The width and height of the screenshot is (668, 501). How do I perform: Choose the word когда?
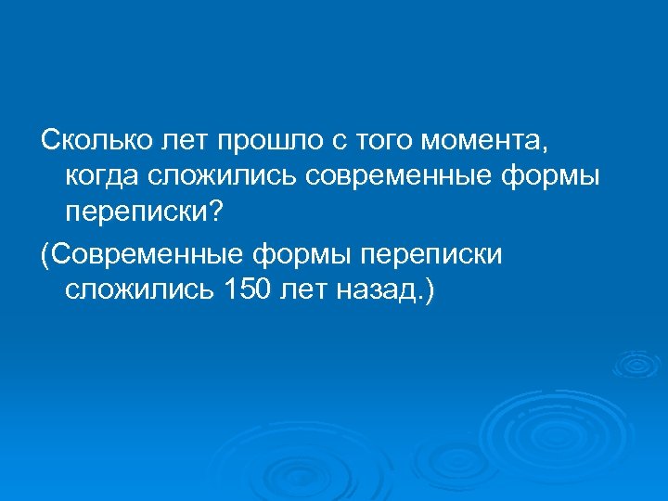pos(104,177)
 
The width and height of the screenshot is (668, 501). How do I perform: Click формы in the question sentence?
pos(551,178)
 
